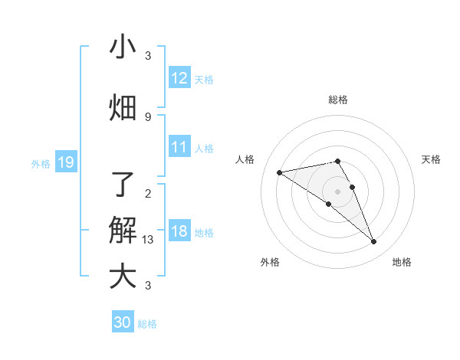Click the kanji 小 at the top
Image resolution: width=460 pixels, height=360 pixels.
click(123, 47)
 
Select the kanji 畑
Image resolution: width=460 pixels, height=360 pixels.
click(123, 108)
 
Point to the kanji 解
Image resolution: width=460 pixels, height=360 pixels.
click(123, 230)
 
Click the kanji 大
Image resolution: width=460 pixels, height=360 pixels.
click(123, 276)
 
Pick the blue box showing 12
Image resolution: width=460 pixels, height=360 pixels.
click(179, 78)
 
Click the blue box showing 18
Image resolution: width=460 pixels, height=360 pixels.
click(179, 231)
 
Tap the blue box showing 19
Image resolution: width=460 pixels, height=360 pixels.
click(65, 162)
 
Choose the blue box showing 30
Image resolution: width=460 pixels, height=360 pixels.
click(123, 322)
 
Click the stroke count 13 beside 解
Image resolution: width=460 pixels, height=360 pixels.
click(148, 240)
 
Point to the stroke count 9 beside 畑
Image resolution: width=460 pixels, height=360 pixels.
click(148, 116)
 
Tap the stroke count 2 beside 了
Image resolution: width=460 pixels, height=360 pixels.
click(148, 193)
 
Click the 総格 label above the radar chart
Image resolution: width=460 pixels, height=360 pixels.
click(337, 100)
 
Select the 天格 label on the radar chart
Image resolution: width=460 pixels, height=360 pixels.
click(431, 159)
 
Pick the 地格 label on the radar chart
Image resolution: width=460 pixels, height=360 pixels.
click(402, 262)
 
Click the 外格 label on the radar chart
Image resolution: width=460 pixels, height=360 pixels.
click(270, 262)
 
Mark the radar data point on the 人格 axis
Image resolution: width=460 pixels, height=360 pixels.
click(279, 172)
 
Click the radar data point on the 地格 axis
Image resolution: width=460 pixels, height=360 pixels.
click(374, 242)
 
